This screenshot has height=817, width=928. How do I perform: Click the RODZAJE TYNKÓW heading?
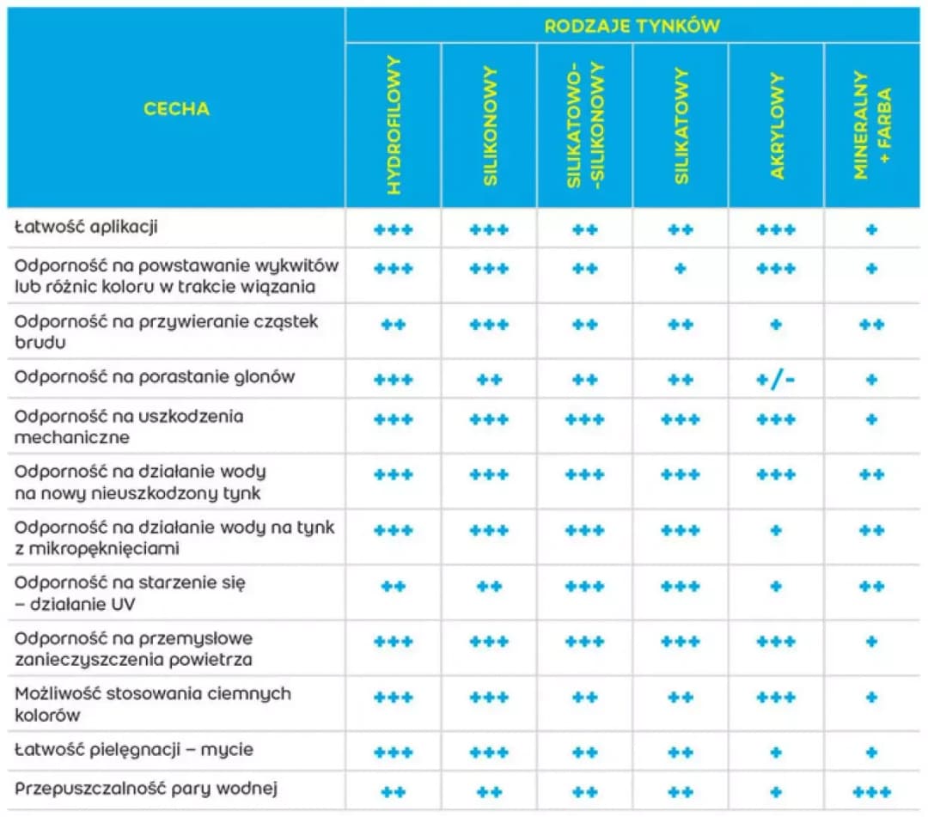pyautogui.click(x=632, y=25)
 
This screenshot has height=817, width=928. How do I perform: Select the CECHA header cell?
pyautogui.click(x=176, y=108)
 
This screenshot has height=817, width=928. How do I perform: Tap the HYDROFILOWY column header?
pyautogui.click(x=394, y=125)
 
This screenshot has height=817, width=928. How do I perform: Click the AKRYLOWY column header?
pyautogui.click(x=777, y=125)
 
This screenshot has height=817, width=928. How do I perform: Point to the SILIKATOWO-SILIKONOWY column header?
pyautogui.click(x=585, y=125)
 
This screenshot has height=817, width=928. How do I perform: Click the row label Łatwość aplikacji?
pyautogui.click(x=86, y=229)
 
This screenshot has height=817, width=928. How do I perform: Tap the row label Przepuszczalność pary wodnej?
pyautogui.click(x=145, y=788)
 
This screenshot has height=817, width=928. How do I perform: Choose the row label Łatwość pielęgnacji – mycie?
pyautogui.click(x=134, y=750)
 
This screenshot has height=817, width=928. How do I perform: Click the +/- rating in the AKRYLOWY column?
pyautogui.click(x=776, y=379)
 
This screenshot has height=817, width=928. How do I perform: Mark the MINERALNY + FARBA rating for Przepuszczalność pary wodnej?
pyautogui.click(x=871, y=792)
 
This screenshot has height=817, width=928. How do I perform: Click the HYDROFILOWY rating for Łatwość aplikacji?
pyautogui.click(x=394, y=230)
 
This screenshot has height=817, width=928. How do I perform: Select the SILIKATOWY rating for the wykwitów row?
pyautogui.click(x=681, y=268)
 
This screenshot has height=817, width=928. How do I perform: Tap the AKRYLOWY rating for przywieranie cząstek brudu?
pyautogui.click(x=776, y=325)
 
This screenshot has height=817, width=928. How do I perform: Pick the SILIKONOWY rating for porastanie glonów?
pyautogui.click(x=489, y=379)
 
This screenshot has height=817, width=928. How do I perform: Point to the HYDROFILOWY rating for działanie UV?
pyautogui.click(x=394, y=587)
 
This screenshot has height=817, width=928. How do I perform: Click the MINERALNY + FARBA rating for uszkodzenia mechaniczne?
pyautogui.click(x=871, y=419)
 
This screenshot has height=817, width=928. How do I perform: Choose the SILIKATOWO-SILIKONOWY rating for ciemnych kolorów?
pyautogui.click(x=585, y=698)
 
